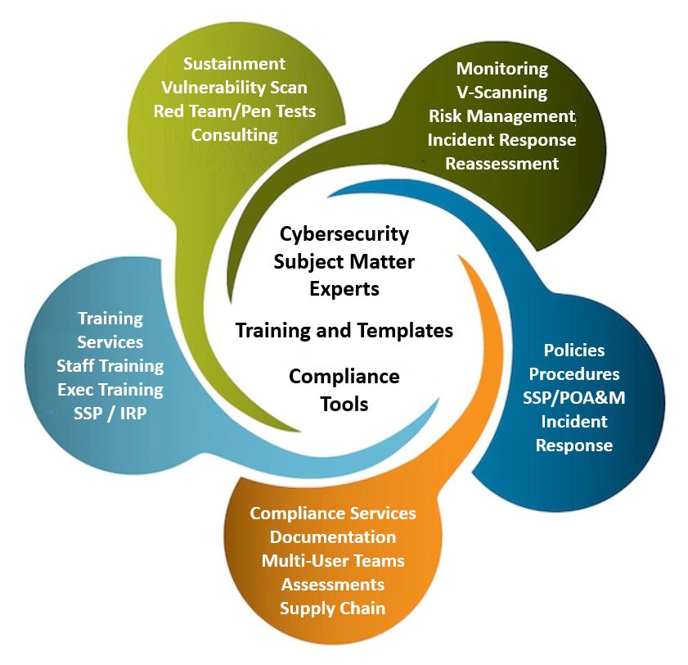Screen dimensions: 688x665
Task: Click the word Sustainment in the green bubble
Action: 234,64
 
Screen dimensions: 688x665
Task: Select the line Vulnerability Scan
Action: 234,88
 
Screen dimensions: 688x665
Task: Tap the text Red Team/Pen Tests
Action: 234,111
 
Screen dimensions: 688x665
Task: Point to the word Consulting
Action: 234,135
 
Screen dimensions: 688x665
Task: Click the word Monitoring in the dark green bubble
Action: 502,69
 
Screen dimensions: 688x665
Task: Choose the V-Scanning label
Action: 502,93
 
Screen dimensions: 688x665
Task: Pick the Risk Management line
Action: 502,116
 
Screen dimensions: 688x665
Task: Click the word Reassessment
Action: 502,164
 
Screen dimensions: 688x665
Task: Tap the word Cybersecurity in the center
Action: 344,234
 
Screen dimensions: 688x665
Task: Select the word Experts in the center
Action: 344,289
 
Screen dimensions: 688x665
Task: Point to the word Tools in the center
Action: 344,404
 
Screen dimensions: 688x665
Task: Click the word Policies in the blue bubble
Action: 574,351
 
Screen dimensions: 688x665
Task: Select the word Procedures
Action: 574,374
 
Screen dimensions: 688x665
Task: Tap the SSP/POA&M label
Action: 574,398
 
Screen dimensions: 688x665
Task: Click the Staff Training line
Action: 110,366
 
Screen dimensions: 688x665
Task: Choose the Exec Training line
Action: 110,390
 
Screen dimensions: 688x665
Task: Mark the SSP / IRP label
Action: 110,414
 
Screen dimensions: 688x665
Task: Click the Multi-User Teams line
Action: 333,561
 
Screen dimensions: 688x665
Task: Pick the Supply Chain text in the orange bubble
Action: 333,608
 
